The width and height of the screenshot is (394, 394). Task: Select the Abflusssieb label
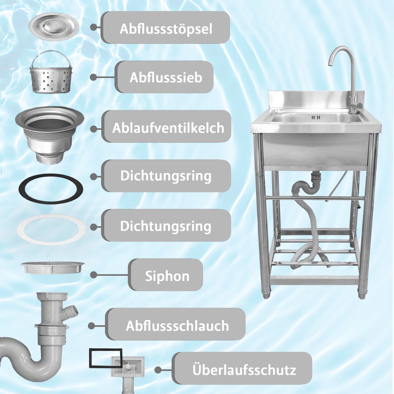pyautogui.click(x=166, y=77)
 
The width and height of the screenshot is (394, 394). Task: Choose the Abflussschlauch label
pyautogui.click(x=177, y=325)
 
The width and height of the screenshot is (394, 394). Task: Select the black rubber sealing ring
pyautogui.click(x=51, y=188)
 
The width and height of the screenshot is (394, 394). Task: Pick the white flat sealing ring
pyautogui.click(x=52, y=229)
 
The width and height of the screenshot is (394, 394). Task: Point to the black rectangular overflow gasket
pyautogui.click(x=106, y=358)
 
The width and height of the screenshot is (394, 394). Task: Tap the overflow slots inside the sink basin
pyautogui.click(x=316, y=118)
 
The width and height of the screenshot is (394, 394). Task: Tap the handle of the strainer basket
pyautogui.click(x=51, y=57)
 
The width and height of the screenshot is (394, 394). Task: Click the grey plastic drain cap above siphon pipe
pyautogui.click(x=52, y=267)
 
